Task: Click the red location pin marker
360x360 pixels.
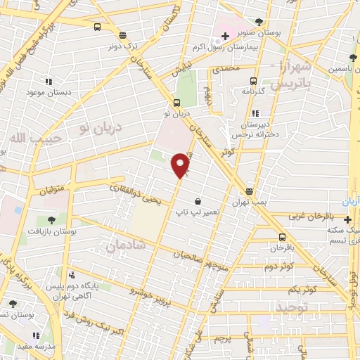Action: click(x=181, y=165)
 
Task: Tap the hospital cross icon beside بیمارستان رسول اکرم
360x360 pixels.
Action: click(x=224, y=36)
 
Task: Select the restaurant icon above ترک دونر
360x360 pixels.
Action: click(x=122, y=34)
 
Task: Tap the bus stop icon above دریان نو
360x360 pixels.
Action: click(x=176, y=101)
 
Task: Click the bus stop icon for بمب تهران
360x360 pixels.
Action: click(x=249, y=191)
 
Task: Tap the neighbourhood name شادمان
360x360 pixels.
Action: click(x=126, y=244)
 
